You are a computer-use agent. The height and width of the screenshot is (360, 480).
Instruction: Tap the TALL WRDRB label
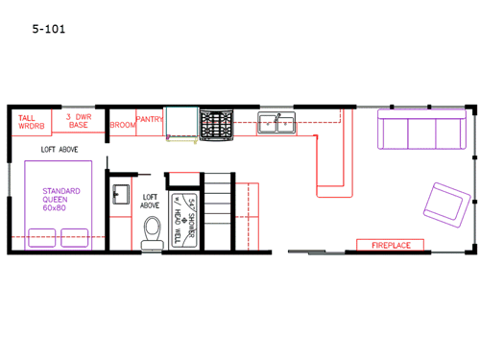click(x=32, y=122)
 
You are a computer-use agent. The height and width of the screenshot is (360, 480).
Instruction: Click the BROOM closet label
click(x=122, y=124)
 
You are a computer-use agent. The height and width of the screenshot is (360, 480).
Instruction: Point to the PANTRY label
click(x=149, y=119)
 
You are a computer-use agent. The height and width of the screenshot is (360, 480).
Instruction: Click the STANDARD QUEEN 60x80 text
click(x=60, y=199)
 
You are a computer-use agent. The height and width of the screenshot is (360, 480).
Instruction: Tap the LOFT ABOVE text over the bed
click(x=60, y=150)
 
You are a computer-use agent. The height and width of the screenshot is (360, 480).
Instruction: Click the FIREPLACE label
click(x=391, y=246)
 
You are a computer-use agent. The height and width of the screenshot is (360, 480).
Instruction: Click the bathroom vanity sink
click(x=120, y=194)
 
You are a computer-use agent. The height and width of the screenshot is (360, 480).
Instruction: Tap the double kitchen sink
click(x=276, y=122)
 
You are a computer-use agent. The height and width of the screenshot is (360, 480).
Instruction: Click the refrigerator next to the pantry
click(x=180, y=123)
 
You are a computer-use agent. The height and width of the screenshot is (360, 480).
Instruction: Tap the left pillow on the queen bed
click(x=43, y=236)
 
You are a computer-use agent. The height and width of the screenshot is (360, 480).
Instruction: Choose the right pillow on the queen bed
click(x=75, y=236)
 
